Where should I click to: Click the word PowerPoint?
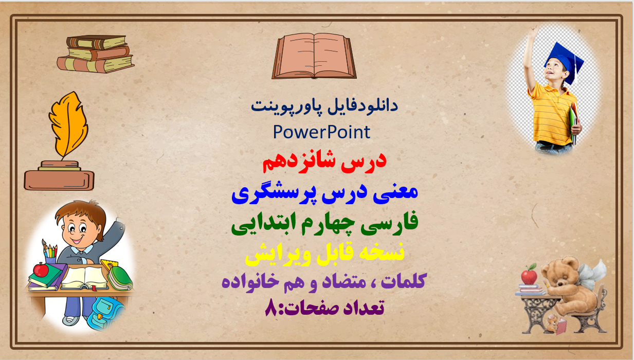pyautogui.click(x=321, y=132)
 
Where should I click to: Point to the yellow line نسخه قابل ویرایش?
pyautogui.click(x=324, y=253)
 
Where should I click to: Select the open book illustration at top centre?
pyautogui.click(x=314, y=56)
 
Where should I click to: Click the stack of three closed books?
pyautogui.click(x=95, y=54)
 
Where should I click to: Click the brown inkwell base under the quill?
pyautogui.click(x=59, y=178)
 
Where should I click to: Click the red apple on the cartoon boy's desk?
pyautogui.click(x=41, y=269)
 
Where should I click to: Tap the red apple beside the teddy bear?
pyautogui.click(x=529, y=275)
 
